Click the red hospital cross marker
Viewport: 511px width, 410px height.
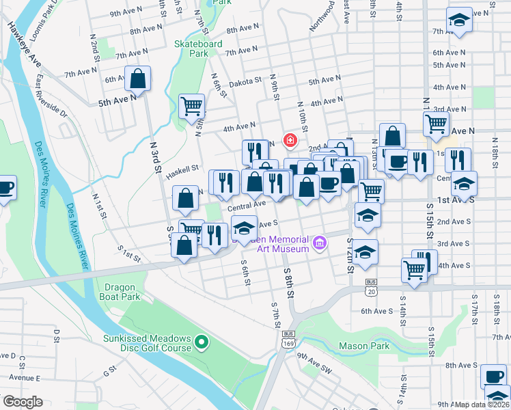point(290,141)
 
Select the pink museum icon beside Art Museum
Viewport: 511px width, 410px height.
point(318,243)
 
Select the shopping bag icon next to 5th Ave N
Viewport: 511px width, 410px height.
point(138,79)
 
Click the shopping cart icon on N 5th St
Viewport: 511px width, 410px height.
point(192,106)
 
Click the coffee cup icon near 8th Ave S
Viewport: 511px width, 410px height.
point(493,376)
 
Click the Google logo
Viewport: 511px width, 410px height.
point(23,402)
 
